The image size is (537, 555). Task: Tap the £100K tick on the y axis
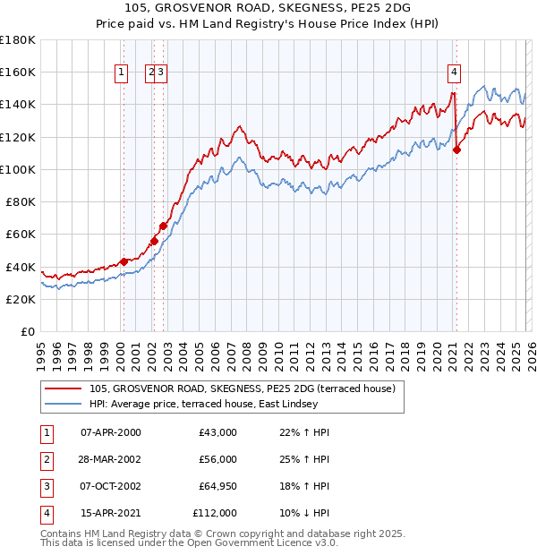point(18,169)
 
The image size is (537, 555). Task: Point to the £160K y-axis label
point(18,72)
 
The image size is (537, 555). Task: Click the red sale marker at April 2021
point(456,149)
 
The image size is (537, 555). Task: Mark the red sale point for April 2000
point(124,261)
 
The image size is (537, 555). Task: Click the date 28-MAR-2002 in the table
point(110,459)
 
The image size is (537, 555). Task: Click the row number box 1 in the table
point(46,432)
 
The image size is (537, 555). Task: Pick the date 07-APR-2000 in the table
point(110,432)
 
